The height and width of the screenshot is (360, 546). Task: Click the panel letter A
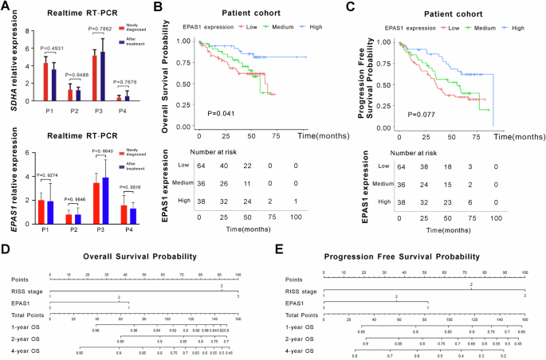6,8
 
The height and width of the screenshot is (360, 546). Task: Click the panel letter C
371,8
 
